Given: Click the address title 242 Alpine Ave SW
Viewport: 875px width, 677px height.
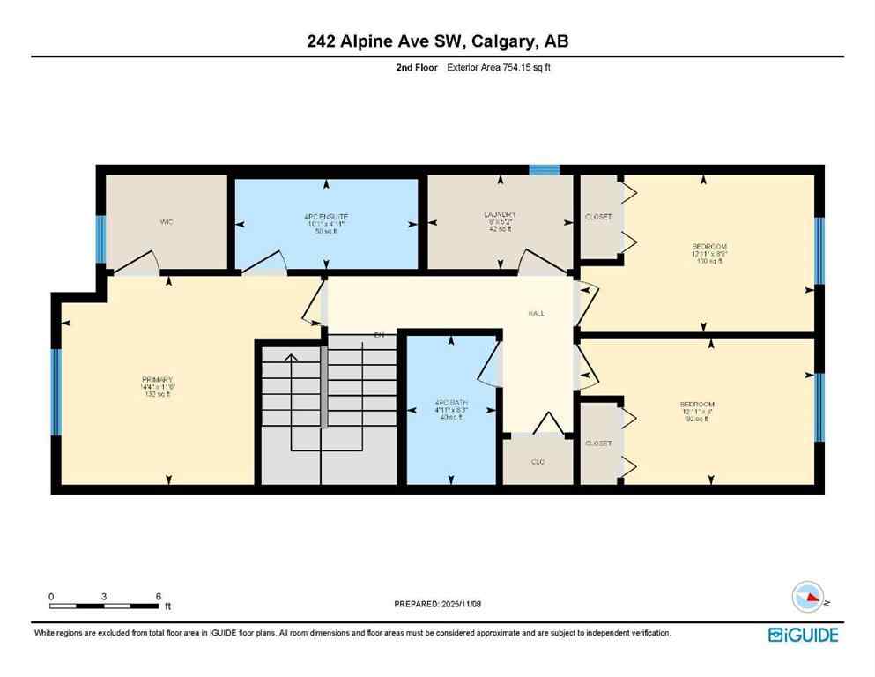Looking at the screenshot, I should (437, 41).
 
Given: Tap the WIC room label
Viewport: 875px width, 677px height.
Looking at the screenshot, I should (167, 222).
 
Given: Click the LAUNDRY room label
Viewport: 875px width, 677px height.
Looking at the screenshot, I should (499, 215).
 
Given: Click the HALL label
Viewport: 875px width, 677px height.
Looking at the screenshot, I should (535, 313).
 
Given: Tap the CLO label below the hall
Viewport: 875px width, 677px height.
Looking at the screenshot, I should (538, 460).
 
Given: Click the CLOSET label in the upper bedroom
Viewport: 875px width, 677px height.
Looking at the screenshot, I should (598, 217).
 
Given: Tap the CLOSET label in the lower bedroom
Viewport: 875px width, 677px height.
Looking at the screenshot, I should (598, 443).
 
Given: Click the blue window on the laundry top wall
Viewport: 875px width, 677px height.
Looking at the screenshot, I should (544, 169).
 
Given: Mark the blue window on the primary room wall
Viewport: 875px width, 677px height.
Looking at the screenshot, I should (56, 392).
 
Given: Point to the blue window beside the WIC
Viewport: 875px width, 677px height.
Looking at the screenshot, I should (100, 239).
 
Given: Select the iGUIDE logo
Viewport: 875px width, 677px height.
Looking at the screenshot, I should (803, 635).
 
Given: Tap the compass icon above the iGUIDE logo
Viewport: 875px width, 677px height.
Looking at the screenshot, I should (809, 598).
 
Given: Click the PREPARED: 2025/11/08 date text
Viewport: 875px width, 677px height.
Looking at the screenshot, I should (437, 604).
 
